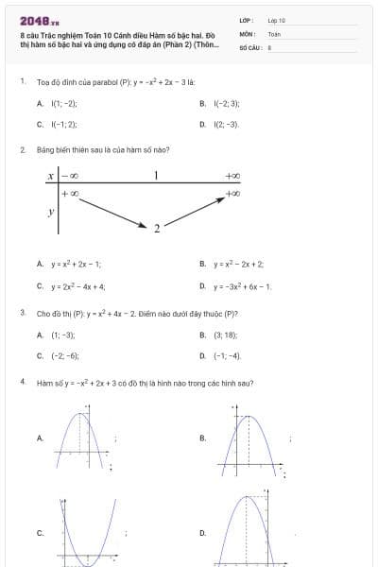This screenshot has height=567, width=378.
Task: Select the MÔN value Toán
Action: pos(274,33)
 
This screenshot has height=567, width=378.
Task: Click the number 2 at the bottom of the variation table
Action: pos(157,227)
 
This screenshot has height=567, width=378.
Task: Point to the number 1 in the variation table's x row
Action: pos(155,175)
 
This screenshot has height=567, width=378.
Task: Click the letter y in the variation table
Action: pos(50,212)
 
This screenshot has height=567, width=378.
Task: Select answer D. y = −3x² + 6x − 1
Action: pos(236,285)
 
